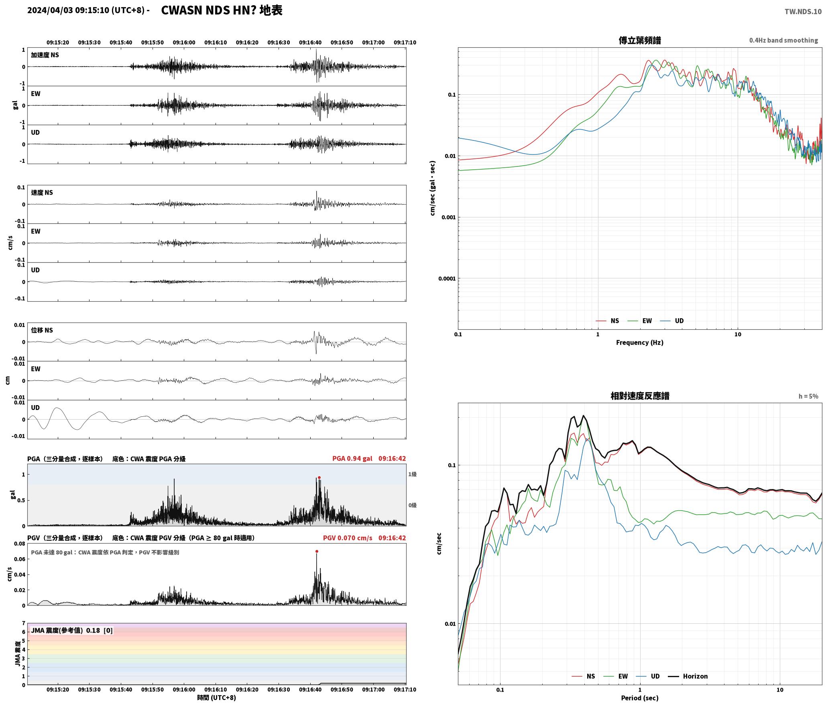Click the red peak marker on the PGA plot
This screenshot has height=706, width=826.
pos(319,477)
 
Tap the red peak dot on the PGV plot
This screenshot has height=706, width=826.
pos(317,551)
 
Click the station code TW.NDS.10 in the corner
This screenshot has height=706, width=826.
pos(803,12)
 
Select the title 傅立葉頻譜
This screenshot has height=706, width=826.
pos(640,40)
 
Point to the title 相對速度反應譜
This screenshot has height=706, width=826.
pos(640,396)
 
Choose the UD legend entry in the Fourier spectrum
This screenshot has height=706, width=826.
pos(672,321)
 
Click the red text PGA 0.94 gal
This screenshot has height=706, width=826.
pos(352,458)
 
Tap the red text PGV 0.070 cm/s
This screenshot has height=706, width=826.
pos(348,538)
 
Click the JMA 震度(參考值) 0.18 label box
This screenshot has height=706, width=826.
pos(72,630)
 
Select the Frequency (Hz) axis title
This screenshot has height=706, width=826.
pos(640,342)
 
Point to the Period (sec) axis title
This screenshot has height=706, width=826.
pos(640,698)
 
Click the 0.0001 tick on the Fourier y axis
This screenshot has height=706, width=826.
pos(447,278)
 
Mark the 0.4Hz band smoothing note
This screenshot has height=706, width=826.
pos(783,40)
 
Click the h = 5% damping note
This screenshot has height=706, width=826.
pos(808,396)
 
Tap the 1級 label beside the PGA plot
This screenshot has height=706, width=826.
pos(412,474)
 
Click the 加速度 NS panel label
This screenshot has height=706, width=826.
pos(45,55)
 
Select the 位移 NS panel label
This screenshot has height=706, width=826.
pos(42,330)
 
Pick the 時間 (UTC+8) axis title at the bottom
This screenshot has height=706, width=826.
pos(216,697)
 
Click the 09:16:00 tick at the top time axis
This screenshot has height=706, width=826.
pos(184,42)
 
